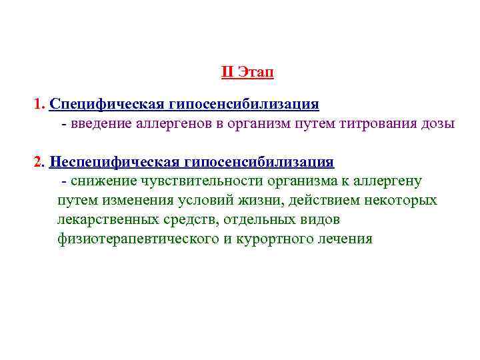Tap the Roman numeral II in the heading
pos(227,72)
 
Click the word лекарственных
pos(107,219)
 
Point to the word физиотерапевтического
pos(135,239)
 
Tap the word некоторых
pos(401,201)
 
